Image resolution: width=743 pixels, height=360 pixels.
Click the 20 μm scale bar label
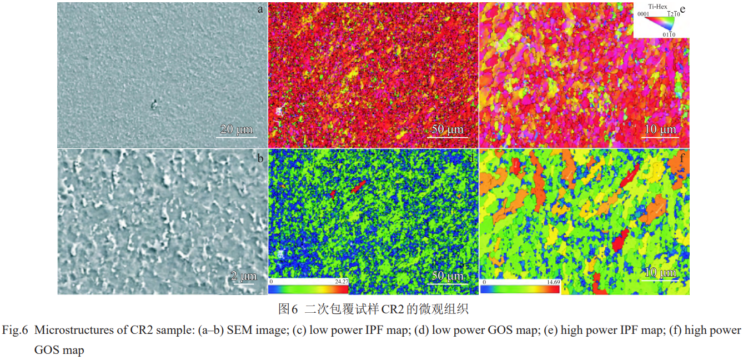pos(235,130)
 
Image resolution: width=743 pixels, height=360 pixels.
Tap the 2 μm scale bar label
pos(244,276)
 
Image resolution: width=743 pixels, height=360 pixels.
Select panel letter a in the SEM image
pos(259,9)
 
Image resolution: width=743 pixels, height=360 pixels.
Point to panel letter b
pos(259,158)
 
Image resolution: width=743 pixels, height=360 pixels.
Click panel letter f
pos(682,157)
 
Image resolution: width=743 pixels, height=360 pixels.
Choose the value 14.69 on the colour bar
pos(553,282)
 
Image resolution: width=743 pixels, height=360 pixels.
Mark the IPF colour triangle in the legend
pos(664,23)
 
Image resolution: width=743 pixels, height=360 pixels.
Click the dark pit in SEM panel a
pos(154,103)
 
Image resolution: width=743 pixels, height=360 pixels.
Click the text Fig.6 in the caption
pos(14,330)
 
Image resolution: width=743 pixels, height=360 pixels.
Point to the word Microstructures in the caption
pos(68,330)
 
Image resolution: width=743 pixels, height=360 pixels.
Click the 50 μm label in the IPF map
pos(447,130)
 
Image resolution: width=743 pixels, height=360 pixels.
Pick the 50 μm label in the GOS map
pos(447,276)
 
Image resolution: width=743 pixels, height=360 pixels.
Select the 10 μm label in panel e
pos(660,130)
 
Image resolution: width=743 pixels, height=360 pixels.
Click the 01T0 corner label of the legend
pos(669,34)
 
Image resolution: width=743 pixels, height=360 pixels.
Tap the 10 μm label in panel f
pos(660,273)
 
